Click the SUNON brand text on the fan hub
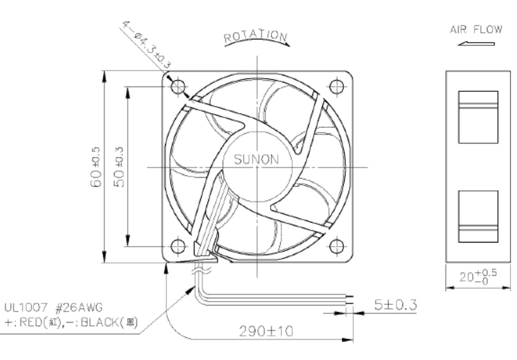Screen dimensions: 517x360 tap(256, 159)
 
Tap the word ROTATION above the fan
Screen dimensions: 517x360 tap(256, 35)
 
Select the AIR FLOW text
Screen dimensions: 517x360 tap(476, 30)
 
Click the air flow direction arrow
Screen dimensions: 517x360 tap(476, 43)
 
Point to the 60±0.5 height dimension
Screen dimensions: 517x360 tap(95, 167)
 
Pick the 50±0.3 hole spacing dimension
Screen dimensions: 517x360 tap(119, 167)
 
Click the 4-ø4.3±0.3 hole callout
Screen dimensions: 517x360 tap(147, 45)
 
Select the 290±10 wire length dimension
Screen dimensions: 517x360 tap(266, 331)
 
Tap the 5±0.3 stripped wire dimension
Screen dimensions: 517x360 tap(395, 304)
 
